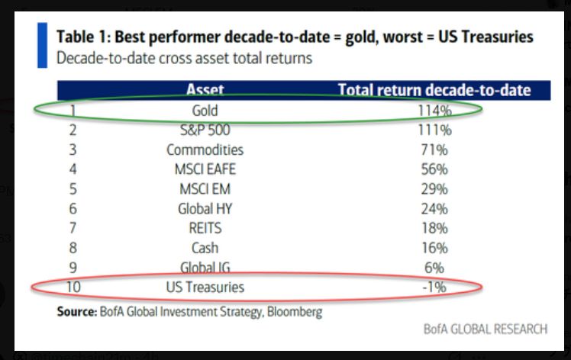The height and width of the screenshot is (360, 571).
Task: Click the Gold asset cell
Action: pos(205,111)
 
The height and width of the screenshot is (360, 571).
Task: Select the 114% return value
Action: pos(434,111)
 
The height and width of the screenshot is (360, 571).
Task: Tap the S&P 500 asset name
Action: pos(205,130)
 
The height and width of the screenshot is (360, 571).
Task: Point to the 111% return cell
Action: pos(434,130)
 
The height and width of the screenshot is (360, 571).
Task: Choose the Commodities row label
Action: pos(205,149)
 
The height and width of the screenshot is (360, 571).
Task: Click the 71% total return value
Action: pos(434,149)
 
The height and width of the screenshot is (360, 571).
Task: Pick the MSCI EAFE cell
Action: pos(205,169)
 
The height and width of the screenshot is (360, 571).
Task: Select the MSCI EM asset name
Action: pos(205,188)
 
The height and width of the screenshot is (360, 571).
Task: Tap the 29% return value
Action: pos(434,188)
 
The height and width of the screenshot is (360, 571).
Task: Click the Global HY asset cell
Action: pos(205,208)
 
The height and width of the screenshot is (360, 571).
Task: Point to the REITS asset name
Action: pos(205,228)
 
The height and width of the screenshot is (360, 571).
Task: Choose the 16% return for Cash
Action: pos(434,248)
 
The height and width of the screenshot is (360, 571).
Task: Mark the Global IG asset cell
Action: pos(205,267)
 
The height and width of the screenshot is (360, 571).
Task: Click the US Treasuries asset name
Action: pos(205,288)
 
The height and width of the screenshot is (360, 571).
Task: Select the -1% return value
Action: pos(434,288)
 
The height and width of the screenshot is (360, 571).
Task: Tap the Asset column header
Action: pos(205,91)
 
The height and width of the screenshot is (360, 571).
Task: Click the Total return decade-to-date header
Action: pos(434,91)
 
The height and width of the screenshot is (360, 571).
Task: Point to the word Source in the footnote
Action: pos(76,311)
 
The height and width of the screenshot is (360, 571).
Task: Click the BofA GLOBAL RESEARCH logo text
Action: pos(486,329)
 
